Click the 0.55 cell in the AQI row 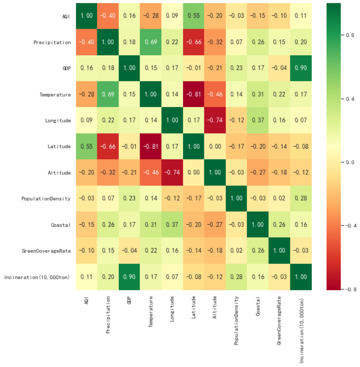pyautogui.click(x=194, y=16)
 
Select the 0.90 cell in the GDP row pyautogui.click(x=301, y=68)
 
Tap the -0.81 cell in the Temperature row pyautogui.click(x=194, y=95)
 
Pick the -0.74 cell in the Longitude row pyautogui.click(x=215, y=120)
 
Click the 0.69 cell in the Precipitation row pyautogui.click(x=151, y=42)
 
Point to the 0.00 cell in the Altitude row pyautogui.click(x=194, y=173)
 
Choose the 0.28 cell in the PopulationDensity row pyautogui.click(x=301, y=198)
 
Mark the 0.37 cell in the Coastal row pyautogui.click(x=172, y=225)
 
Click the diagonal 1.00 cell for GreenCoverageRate pyautogui.click(x=279, y=251)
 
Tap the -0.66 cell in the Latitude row pyautogui.click(x=108, y=147)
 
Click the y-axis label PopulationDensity pyautogui.click(x=46, y=198)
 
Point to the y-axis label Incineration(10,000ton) pyautogui.click(x=38, y=277)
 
